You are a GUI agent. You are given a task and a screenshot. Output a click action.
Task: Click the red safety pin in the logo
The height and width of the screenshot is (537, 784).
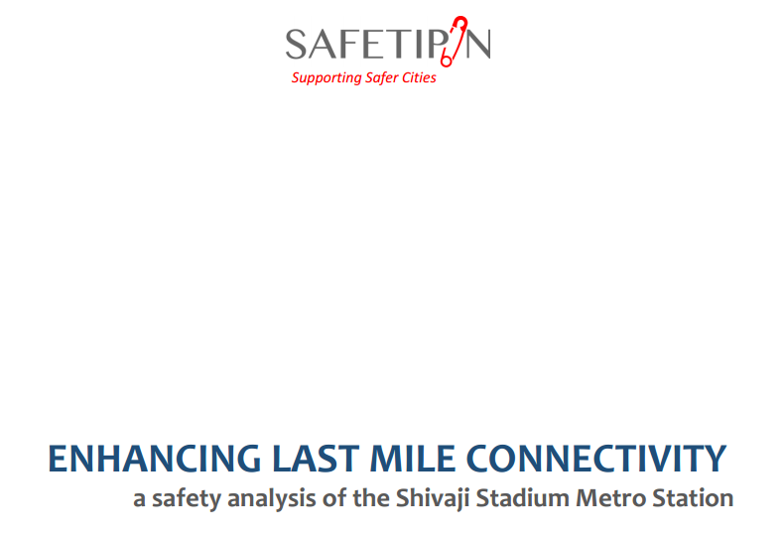[x=458, y=39]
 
